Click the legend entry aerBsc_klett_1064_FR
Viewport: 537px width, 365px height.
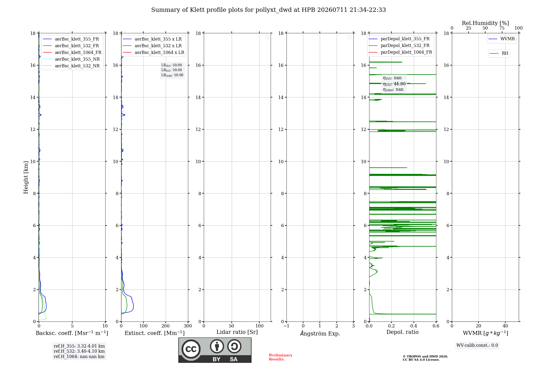[72, 53]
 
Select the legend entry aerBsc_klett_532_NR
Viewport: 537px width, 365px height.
[71, 66]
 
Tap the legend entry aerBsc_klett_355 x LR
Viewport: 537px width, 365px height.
[152, 39]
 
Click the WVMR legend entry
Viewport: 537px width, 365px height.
[502, 39]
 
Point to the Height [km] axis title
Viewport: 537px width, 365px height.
[26, 177]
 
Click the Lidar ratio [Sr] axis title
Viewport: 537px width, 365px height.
[237, 332]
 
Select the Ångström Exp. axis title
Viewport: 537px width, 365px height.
[320, 333]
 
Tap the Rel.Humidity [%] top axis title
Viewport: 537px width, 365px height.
[485, 23]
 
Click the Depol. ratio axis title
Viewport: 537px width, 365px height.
[402, 332]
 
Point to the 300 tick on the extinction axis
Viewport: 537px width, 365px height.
[188, 326]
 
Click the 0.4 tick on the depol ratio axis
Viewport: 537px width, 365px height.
[414, 326]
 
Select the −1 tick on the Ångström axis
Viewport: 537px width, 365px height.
[286, 326]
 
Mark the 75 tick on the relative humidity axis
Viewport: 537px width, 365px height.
[502, 28]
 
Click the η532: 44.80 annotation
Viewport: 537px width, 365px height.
[394, 84]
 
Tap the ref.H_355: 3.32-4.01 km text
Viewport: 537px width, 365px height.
[79, 346]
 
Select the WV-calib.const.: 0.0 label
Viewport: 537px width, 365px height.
[477, 345]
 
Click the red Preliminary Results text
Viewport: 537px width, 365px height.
[281, 357]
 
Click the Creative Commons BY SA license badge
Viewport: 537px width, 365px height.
[215, 350]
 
